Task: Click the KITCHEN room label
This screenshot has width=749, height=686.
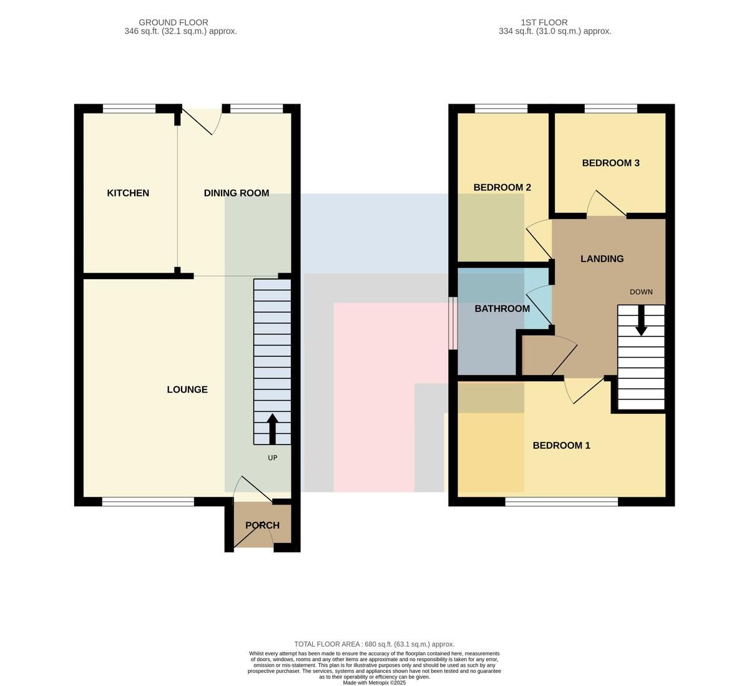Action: click(x=128, y=193)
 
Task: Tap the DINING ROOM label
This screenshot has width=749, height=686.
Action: click(x=237, y=193)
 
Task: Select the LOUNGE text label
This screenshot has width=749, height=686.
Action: click(x=187, y=390)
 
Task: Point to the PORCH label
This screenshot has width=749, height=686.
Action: click(x=263, y=526)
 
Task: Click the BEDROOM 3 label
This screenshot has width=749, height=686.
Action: click(x=611, y=163)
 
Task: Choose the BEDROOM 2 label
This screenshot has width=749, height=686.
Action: click(x=502, y=187)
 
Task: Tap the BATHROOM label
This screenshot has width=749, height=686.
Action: click(x=502, y=308)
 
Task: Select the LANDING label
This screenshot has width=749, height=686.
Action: click(x=602, y=258)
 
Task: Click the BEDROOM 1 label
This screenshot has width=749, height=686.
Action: click(x=562, y=445)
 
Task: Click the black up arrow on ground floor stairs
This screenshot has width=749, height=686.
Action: click(x=273, y=429)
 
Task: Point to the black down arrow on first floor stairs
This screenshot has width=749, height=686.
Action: click(x=642, y=320)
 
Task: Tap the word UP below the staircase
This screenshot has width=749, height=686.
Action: click(x=273, y=458)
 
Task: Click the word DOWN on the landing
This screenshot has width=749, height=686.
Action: click(x=641, y=292)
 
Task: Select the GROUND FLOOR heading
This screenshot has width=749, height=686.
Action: click(x=174, y=22)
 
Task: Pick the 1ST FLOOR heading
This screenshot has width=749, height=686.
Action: click(x=544, y=22)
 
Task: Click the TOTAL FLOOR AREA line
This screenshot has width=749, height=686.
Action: click(x=374, y=644)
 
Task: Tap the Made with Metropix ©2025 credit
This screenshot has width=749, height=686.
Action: click(x=374, y=683)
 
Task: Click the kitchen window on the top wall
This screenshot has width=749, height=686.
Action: click(x=129, y=108)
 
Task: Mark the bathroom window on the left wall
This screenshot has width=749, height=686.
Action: click(x=453, y=323)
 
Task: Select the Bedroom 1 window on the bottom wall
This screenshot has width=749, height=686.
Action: click(x=562, y=501)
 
